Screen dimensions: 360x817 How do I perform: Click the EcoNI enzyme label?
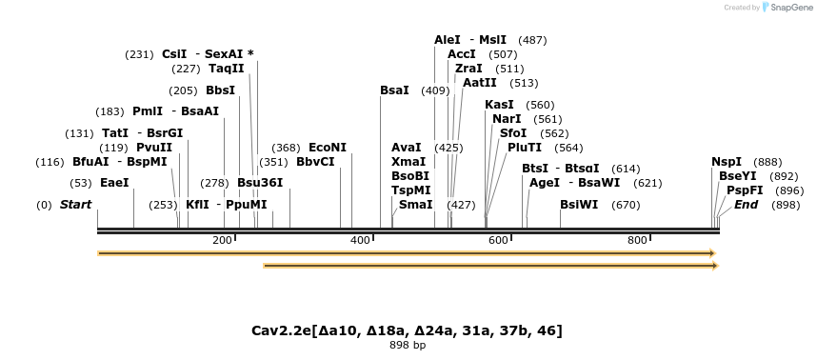(328, 148)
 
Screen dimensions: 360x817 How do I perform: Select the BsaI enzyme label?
(394, 90)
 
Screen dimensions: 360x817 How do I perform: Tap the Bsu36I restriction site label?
(260, 182)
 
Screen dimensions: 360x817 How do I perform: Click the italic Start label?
(77, 205)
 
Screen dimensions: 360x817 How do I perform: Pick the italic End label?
(746, 205)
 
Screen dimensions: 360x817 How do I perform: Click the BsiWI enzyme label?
(579, 205)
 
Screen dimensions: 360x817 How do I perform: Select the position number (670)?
(626, 205)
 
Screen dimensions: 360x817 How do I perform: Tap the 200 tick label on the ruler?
(223, 240)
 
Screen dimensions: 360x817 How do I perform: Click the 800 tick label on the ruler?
(637, 240)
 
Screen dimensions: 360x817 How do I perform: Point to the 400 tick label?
(361, 240)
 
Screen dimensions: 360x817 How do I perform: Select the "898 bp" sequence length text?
(408, 345)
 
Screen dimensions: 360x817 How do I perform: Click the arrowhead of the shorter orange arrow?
(713, 266)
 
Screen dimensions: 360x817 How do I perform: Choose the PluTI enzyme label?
(525, 148)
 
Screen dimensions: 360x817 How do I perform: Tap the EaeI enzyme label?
(114, 182)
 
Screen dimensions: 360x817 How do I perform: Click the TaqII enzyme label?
(227, 69)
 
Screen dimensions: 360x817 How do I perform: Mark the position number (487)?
(532, 40)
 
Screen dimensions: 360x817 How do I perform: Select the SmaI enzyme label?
(415, 205)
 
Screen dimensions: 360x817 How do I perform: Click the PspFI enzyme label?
(745, 190)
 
